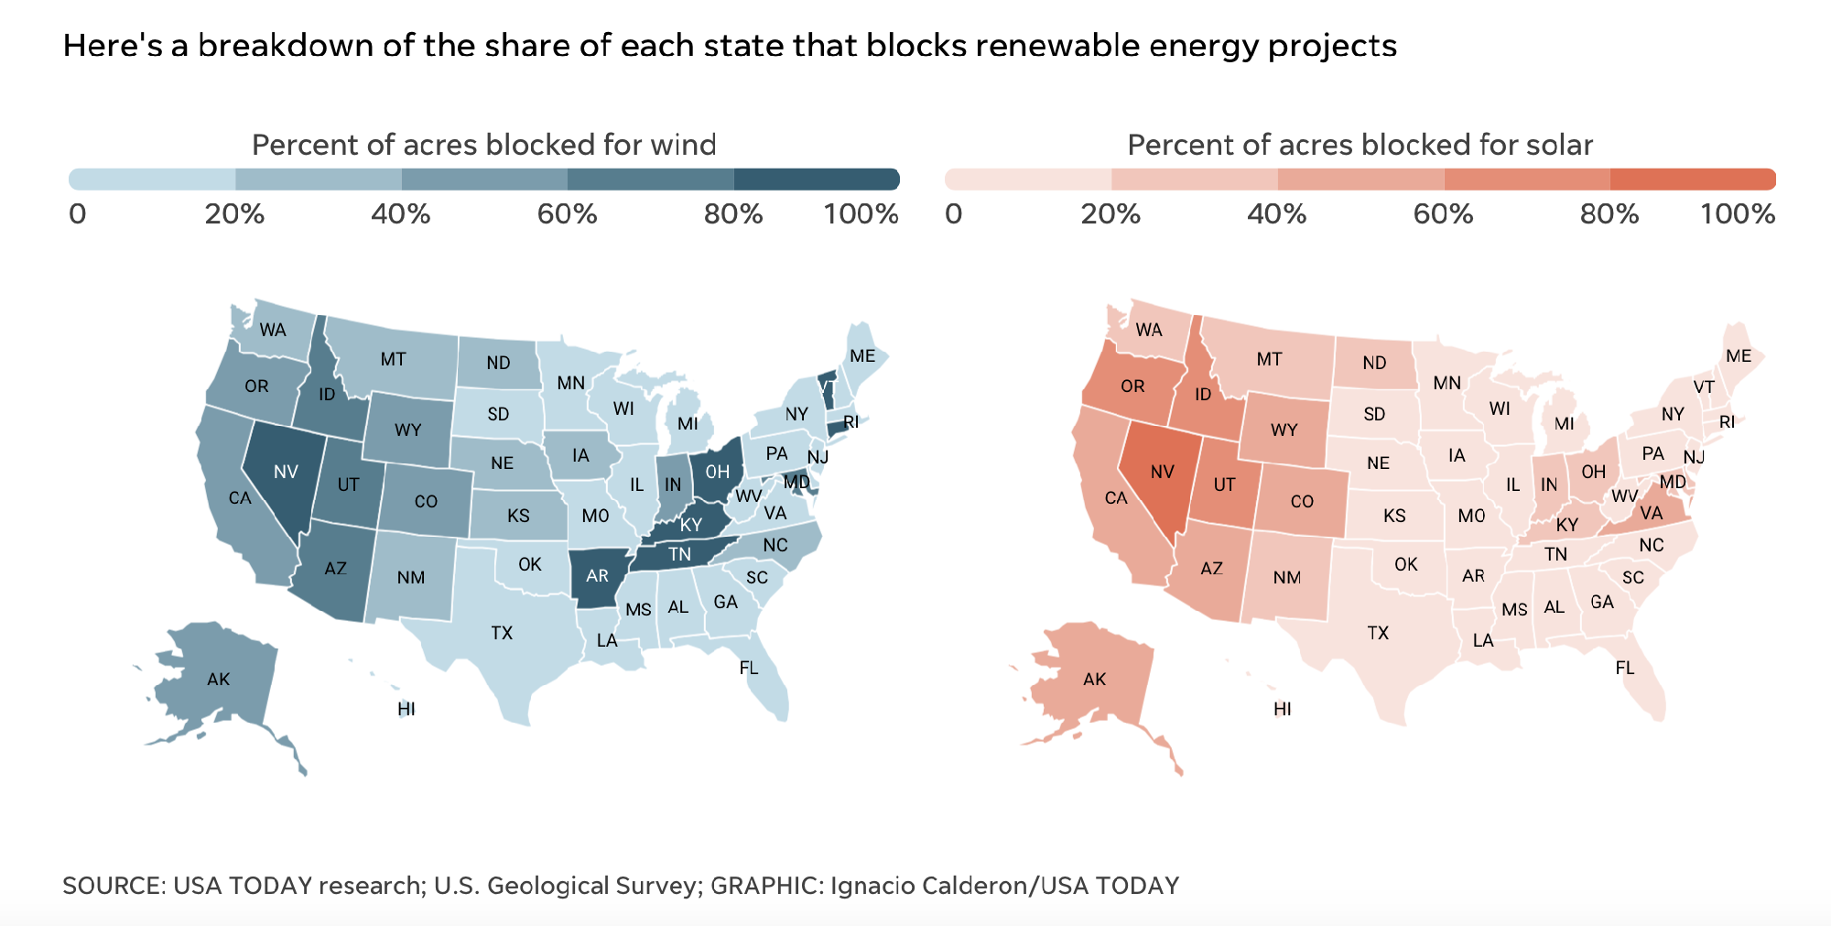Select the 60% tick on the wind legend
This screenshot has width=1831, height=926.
[567, 214]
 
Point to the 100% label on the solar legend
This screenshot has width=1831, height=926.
[1737, 214]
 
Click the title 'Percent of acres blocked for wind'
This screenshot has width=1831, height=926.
[483, 145]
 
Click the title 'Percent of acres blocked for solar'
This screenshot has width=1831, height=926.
[1360, 145]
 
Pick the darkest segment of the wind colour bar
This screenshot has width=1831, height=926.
[816, 180]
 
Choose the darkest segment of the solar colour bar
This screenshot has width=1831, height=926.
[1692, 180]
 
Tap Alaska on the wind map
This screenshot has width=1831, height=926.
[218, 679]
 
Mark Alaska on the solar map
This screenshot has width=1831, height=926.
[1094, 679]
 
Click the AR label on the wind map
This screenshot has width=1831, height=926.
[597, 576]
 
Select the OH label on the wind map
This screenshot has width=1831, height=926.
[717, 472]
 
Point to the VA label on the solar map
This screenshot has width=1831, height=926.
[1651, 513]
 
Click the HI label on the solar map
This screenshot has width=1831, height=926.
[1282, 709]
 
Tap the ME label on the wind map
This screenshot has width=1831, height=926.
[862, 356]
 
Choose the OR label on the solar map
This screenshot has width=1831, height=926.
[1132, 387]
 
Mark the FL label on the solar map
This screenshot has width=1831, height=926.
[1624, 668]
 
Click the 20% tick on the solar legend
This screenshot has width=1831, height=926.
[1111, 214]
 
